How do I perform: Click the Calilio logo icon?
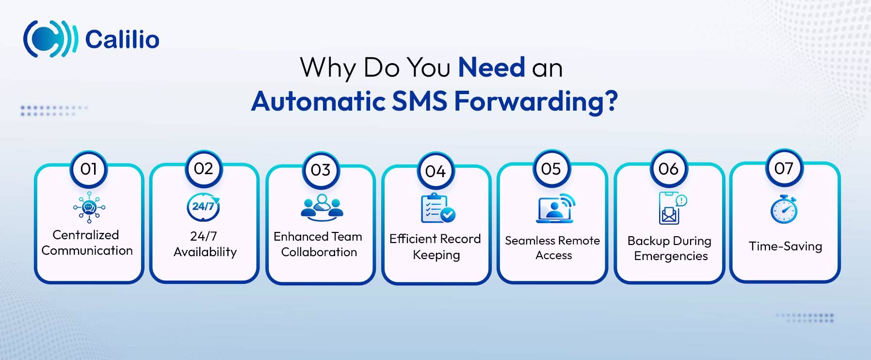coord(50,39)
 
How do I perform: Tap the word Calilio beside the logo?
coord(122,39)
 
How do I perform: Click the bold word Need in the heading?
coord(491,67)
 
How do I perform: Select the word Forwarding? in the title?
coord(535,101)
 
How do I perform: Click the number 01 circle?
coord(89,169)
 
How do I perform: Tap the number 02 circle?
coord(204,168)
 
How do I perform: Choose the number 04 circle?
coord(435,171)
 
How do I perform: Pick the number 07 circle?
coord(784,168)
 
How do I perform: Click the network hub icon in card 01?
coord(89,207)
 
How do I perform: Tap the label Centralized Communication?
coord(87,243)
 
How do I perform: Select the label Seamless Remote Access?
coord(552,248)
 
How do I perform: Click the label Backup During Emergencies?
coord(670,248)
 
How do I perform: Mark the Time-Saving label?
coord(785,246)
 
